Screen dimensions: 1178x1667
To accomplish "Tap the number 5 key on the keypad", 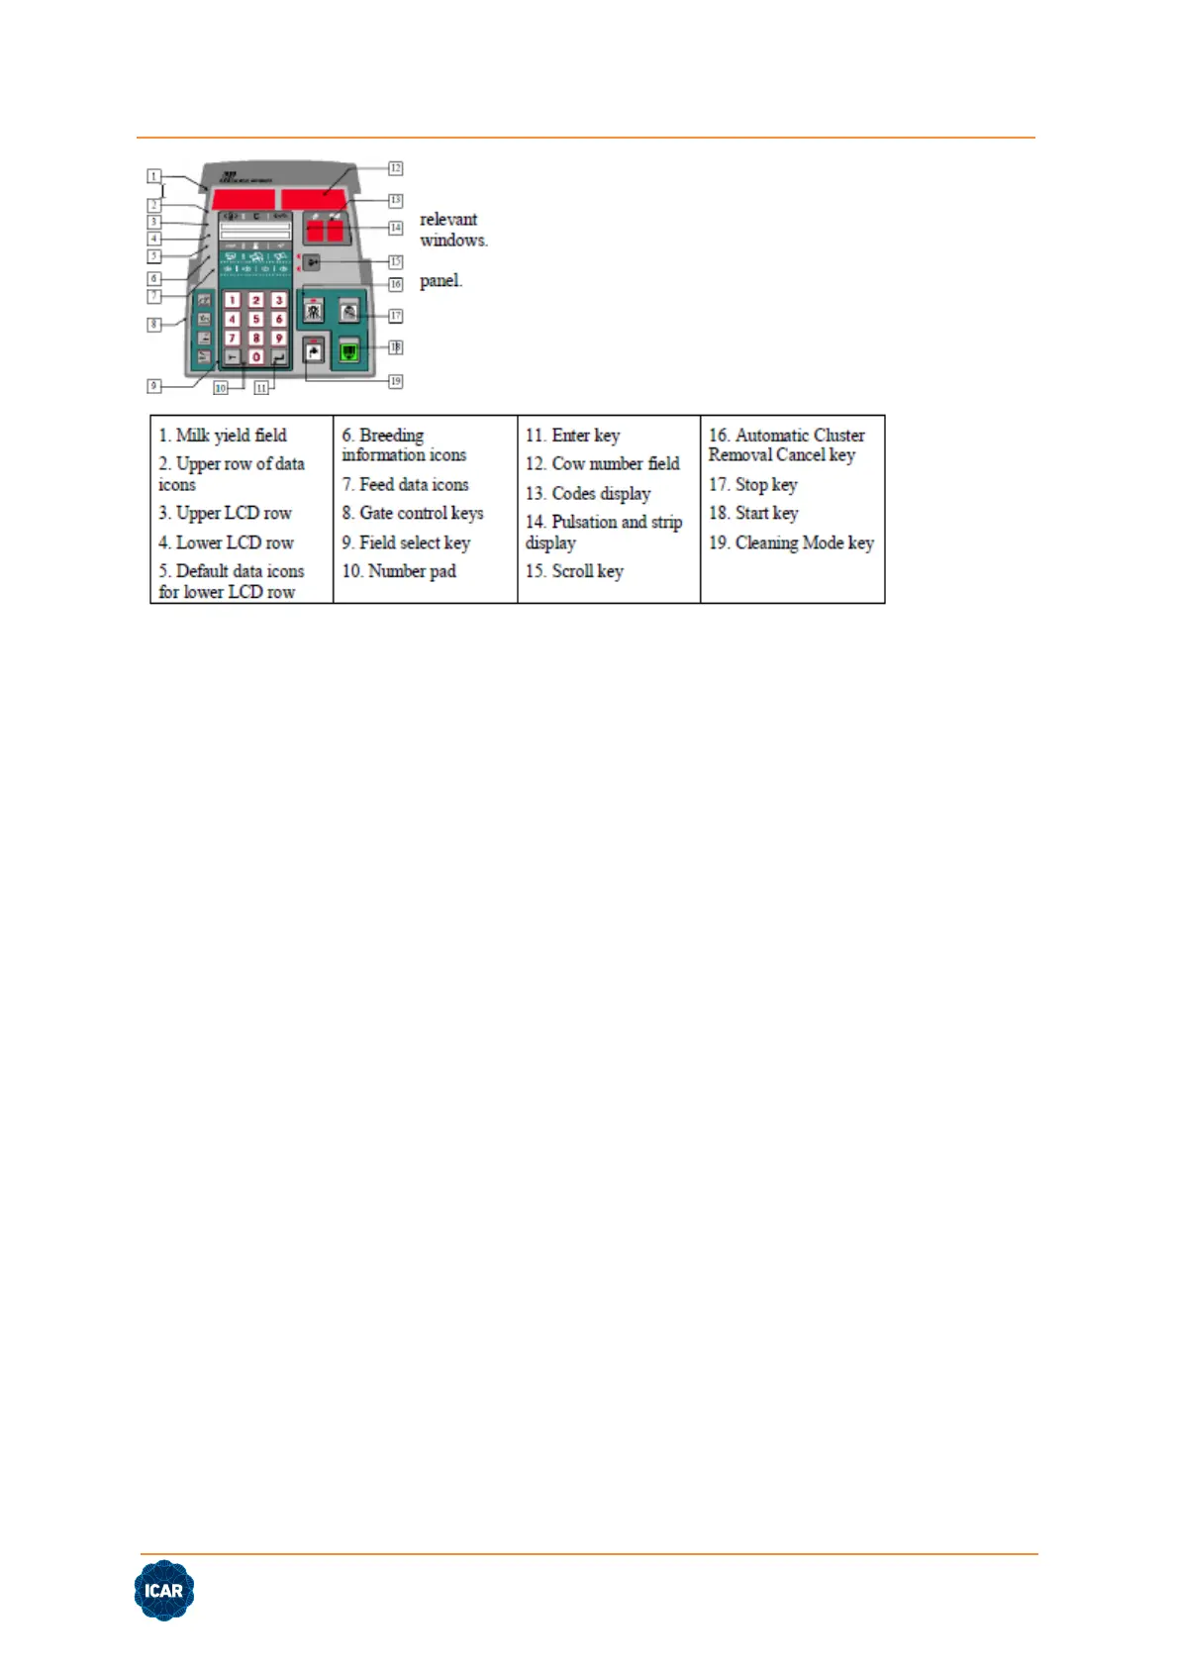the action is [255, 319].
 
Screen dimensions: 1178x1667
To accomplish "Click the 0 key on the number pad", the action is [255, 356].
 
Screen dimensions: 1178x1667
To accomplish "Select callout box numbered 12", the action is [395, 168].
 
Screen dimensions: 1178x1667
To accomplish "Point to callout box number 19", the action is [395, 381].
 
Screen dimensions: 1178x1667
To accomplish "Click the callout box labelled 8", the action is [154, 325].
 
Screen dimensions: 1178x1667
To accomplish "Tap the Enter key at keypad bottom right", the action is [279, 356].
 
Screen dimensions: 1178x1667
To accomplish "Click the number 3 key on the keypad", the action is [279, 300].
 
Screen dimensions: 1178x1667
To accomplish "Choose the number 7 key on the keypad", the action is [232, 338].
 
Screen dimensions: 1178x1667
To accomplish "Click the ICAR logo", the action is [164, 1590].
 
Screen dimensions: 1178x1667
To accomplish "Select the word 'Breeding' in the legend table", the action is [391, 435].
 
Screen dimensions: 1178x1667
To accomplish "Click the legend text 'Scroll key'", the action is [587, 571].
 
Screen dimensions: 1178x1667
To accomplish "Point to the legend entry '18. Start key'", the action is [753, 513].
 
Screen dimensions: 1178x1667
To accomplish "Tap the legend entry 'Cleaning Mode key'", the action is [804, 542].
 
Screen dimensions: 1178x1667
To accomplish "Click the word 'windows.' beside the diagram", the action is [453, 241].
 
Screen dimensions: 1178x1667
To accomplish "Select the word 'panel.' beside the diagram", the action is [441, 281].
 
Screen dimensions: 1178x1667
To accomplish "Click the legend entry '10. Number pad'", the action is [399, 571].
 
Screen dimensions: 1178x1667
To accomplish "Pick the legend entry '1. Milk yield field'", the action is [223, 435].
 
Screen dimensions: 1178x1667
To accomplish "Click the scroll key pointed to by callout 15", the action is [312, 262].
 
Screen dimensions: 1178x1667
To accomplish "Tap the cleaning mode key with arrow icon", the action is [314, 351].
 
